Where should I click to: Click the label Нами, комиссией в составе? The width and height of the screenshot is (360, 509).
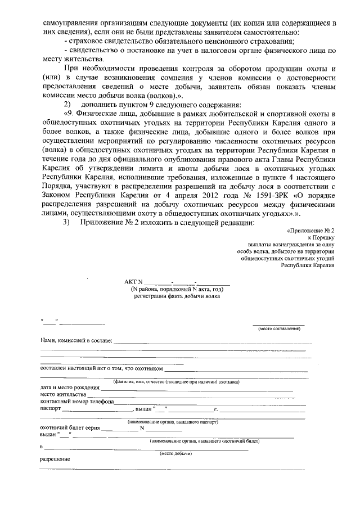pos(76,341)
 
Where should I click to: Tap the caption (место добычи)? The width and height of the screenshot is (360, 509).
pos(177,453)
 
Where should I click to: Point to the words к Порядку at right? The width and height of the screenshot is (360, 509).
pos(322,238)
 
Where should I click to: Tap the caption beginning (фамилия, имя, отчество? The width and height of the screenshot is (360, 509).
pos(176,382)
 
